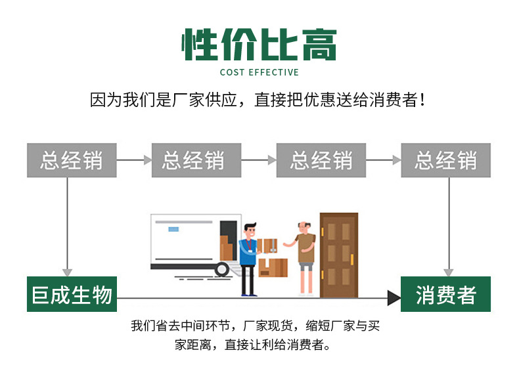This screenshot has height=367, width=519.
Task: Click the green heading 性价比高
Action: click(x=259, y=45)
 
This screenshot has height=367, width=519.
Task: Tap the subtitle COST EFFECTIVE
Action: click(x=259, y=72)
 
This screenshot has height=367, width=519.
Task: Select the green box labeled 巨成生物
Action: click(x=72, y=294)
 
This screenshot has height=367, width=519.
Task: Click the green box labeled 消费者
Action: click(x=445, y=294)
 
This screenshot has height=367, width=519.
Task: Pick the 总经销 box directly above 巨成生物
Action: click(x=72, y=160)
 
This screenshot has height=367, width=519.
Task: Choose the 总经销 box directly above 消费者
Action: click(x=445, y=160)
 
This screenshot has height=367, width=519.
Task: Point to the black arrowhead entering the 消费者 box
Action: click(x=394, y=299)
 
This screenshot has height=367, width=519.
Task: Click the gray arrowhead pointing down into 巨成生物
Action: click(x=66, y=271)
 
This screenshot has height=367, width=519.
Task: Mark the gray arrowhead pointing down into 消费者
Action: click(x=449, y=271)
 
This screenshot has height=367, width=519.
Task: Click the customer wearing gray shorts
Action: click(x=304, y=256)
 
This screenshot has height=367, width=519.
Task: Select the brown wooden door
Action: click(x=338, y=255)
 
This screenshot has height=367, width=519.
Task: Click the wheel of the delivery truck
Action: click(x=222, y=269)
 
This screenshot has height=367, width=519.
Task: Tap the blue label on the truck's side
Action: click(x=173, y=229)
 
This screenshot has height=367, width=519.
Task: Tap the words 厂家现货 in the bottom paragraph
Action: click(x=269, y=326)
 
